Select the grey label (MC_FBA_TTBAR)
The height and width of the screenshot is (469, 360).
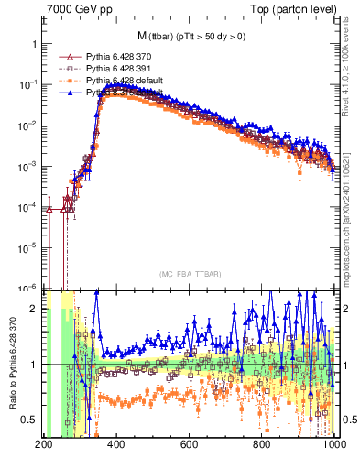[190, 274]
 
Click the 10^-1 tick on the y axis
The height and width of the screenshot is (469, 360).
[28, 84]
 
